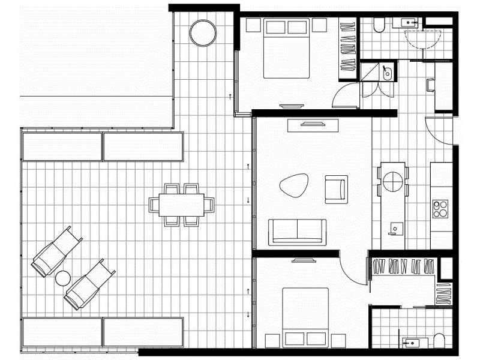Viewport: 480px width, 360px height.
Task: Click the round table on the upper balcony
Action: pyautogui.click(x=202, y=33)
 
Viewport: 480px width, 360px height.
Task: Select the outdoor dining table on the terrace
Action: pyautogui.click(x=182, y=205)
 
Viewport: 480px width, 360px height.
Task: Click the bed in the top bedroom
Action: pyautogui.click(x=286, y=48)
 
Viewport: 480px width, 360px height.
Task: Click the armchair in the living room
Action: pyautogui.click(x=335, y=188)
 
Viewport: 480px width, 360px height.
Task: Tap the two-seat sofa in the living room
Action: pyautogui.click(x=297, y=232)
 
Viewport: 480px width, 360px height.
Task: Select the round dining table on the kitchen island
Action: pyautogui.click(x=392, y=181)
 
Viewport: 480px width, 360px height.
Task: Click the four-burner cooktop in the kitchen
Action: pyautogui.click(x=440, y=208)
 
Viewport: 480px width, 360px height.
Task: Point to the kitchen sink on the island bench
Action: pyautogui.click(x=396, y=228)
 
